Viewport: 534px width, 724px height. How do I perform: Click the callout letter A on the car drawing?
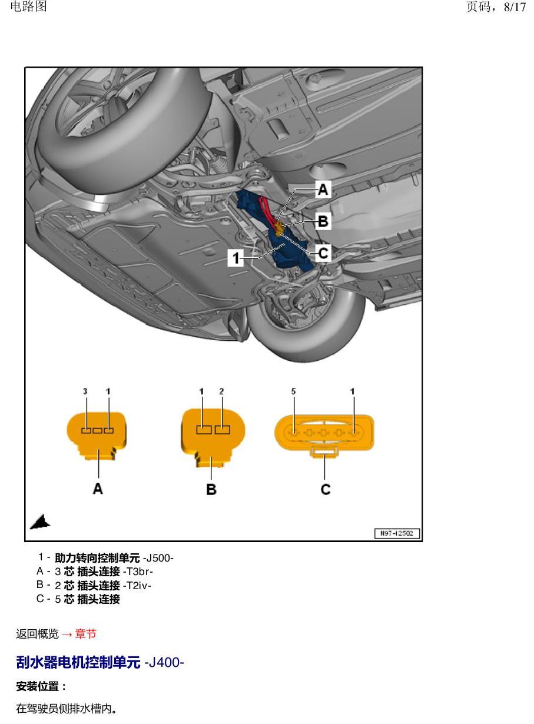tap(323, 190)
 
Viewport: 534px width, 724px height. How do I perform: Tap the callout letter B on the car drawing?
tap(323, 221)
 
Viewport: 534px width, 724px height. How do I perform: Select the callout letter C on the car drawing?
tap(323, 253)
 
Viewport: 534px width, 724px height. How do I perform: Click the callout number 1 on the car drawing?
tap(236, 258)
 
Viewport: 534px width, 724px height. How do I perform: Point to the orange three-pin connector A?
tap(97, 436)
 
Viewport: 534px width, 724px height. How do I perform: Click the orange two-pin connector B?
tap(213, 437)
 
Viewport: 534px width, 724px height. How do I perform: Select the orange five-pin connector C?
tap(324, 435)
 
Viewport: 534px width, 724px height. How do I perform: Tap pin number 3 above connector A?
tap(85, 391)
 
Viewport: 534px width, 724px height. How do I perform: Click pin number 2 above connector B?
tap(221, 391)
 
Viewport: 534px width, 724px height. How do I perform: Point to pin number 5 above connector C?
tap(294, 391)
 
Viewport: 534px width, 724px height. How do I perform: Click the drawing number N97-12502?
tap(397, 533)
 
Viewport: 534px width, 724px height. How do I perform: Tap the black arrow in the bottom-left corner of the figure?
tap(40, 522)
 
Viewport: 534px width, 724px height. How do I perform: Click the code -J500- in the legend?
tap(158, 558)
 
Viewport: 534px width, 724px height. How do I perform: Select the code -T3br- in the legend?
tap(138, 572)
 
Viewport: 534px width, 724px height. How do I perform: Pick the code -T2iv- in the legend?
tap(137, 585)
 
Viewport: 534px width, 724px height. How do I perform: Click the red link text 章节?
tap(85, 634)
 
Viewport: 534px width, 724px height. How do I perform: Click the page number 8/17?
tap(515, 7)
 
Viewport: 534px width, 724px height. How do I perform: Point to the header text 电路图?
tap(29, 6)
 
